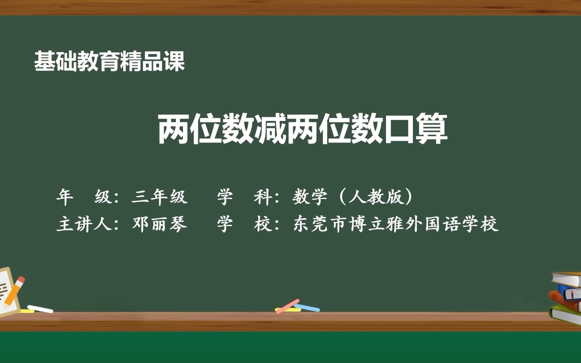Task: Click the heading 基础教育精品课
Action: tap(110, 62)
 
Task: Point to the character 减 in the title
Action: tap(270, 129)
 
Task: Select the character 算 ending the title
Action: tap(431, 129)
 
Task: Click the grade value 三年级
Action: tap(159, 197)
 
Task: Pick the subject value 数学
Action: tap(310, 197)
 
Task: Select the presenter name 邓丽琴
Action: tap(159, 224)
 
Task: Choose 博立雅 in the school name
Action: tap(377, 224)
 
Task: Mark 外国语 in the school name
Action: tap(433, 224)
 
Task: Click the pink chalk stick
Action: tap(287, 306)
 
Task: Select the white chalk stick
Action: tap(40, 309)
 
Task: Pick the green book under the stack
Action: tap(565, 314)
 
